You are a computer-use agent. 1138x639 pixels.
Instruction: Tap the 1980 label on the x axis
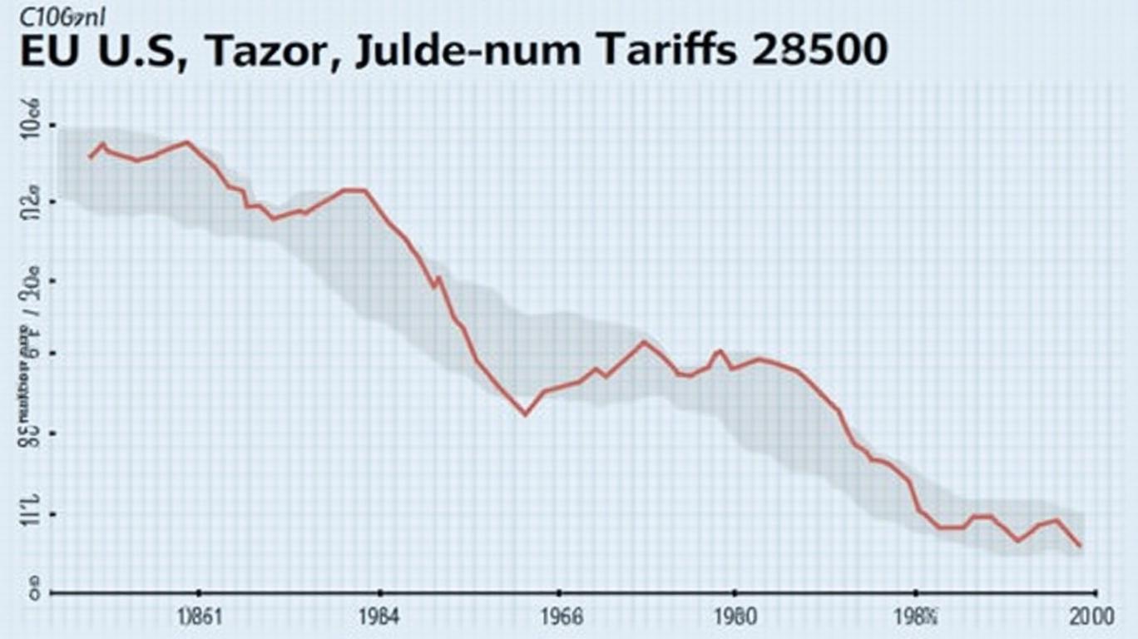pyautogui.click(x=734, y=618)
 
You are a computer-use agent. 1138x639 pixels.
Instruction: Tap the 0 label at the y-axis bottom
pyautogui.click(x=35, y=594)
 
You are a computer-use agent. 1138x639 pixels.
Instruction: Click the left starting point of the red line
pyautogui.click(x=89, y=157)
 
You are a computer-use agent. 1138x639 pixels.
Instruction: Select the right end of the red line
pyautogui.click(x=1081, y=547)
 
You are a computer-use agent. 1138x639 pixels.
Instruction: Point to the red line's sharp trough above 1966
pyautogui.click(x=525, y=414)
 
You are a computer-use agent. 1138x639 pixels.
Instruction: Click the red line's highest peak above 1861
pyautogui.click(x=186, y=141)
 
